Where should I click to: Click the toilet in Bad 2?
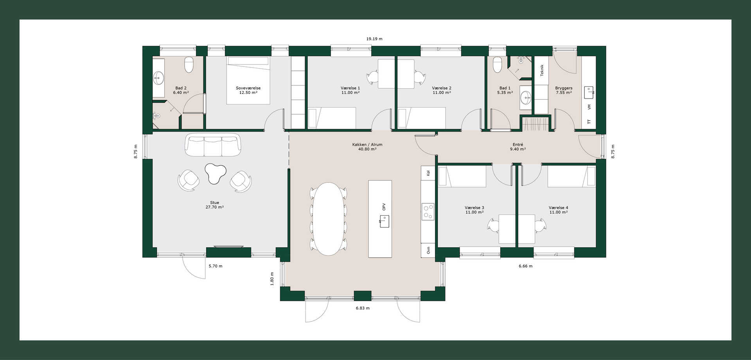tap(189, 65)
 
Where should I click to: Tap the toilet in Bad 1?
tap(497, 65)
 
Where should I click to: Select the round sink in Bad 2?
tap(158, 78)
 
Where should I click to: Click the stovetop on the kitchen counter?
tap(428, 212)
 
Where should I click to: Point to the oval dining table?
tap(329, 219)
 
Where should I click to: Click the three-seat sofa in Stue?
tap(213, 145)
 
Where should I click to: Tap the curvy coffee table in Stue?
tap(215, 173)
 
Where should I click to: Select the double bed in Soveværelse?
tap(248, 80)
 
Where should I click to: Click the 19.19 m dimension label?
tap(374, 39)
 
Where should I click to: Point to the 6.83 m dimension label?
tap(363, 308)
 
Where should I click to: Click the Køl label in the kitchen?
tap(428, 173)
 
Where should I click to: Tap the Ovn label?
tap(428, 250)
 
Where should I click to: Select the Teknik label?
tap(542, 70)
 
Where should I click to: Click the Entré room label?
tap(518, 144)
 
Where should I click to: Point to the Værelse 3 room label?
tap(474, 208)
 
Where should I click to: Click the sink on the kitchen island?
tap(384, 221)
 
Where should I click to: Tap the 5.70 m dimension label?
tap(216, 266)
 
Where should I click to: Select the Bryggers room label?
tap(564, 88)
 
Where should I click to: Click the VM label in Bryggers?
tap(589, 107)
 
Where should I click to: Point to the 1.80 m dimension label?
tap(272, 279)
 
